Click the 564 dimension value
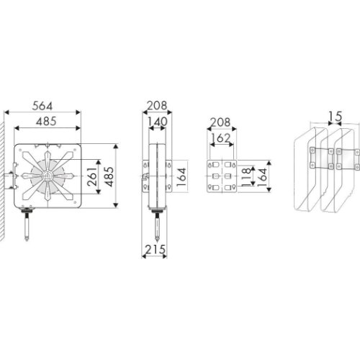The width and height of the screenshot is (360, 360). (x=42, y=106)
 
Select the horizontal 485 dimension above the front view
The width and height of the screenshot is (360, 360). (x=46, y=121)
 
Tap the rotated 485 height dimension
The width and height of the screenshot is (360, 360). (x=109, y=176)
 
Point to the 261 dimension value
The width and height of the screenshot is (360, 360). (x=92, y=177)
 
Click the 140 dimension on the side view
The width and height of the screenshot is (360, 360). (x=157, y=122)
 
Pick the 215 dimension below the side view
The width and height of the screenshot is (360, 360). (x=156, y=250)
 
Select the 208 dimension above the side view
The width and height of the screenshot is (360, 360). (x=157, y=106)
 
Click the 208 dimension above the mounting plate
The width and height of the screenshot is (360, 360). (x=220, y=122)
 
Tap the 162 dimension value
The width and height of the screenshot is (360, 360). (x=220, y=138)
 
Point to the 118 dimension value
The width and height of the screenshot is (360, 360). (x=246, y=177)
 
